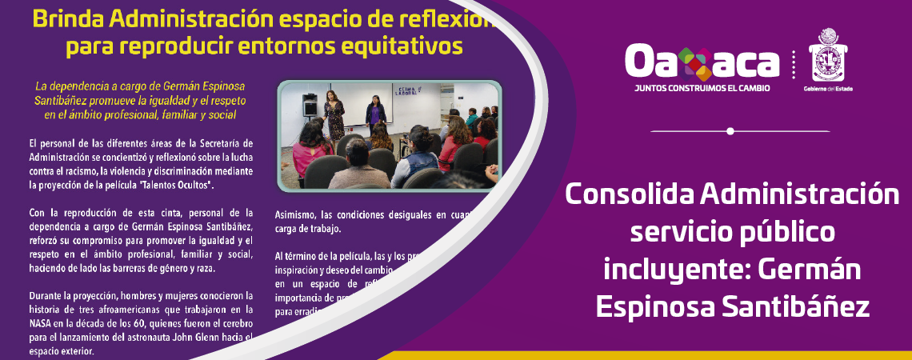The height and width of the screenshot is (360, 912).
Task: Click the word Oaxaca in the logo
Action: pyautogui.click(x=702, y=61)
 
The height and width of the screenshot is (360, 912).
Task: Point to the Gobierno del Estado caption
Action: pyautogui.click(x=828, y=89)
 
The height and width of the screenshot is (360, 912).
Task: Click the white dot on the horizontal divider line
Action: pyautogui.click(x=730, y=130)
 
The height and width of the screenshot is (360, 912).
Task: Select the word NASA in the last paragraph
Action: pyautogui.click(x=42, y=322)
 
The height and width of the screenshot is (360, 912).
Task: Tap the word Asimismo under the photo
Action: pyautogui.click(x=296, y=214)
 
